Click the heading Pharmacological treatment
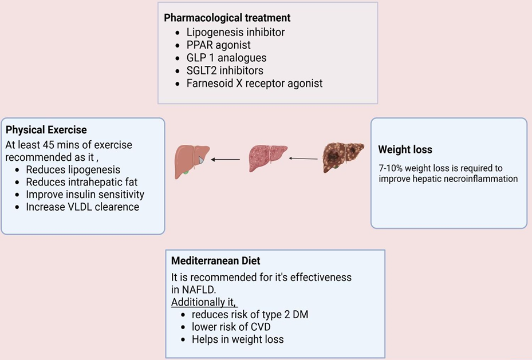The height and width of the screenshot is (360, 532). click(x=227, y=18)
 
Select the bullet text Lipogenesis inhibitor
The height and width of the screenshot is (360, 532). click(x=235, y=32)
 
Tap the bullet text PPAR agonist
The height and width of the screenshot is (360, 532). click(x=218, y=45)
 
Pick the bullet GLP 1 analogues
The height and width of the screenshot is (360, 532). click(x=226, y=58)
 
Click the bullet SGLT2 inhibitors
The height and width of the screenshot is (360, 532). click(x=224, y=70)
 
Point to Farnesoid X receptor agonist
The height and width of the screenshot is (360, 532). click(x=254, y=83)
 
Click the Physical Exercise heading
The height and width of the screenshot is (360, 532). click(x=46, y=130)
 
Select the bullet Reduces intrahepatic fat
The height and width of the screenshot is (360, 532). click(x=81, y=182)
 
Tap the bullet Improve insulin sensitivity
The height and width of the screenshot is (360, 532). click(x=85, y=195)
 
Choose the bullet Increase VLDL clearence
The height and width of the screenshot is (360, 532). click(x=82, y=207)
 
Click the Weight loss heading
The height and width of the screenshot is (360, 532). click(x=405, y=150)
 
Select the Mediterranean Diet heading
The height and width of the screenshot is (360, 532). click(x=216, y=260)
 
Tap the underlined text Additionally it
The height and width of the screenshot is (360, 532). click(x=204, y=302)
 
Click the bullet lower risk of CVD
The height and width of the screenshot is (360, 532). click(x=231, y=327)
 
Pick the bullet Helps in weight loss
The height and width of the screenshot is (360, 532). click(x=238, y=339)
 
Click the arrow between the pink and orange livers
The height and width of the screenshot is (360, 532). click(x=226, y=160)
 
